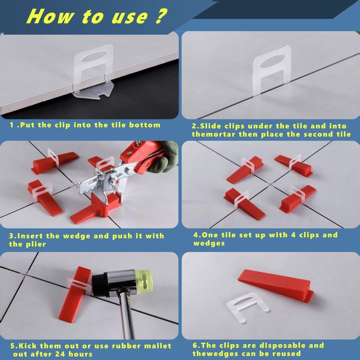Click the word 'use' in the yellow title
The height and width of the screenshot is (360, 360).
[130, 17]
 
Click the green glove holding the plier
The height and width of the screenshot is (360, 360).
[163, 156]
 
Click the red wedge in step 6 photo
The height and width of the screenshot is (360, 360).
[276, 285]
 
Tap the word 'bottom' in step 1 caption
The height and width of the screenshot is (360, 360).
[144, 125]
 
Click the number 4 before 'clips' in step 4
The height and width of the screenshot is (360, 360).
[293, 235]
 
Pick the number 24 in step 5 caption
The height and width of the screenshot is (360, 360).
[60, 354]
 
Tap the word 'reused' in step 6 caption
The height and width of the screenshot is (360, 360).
[287, 354]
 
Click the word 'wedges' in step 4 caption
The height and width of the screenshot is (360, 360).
[209, 243]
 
